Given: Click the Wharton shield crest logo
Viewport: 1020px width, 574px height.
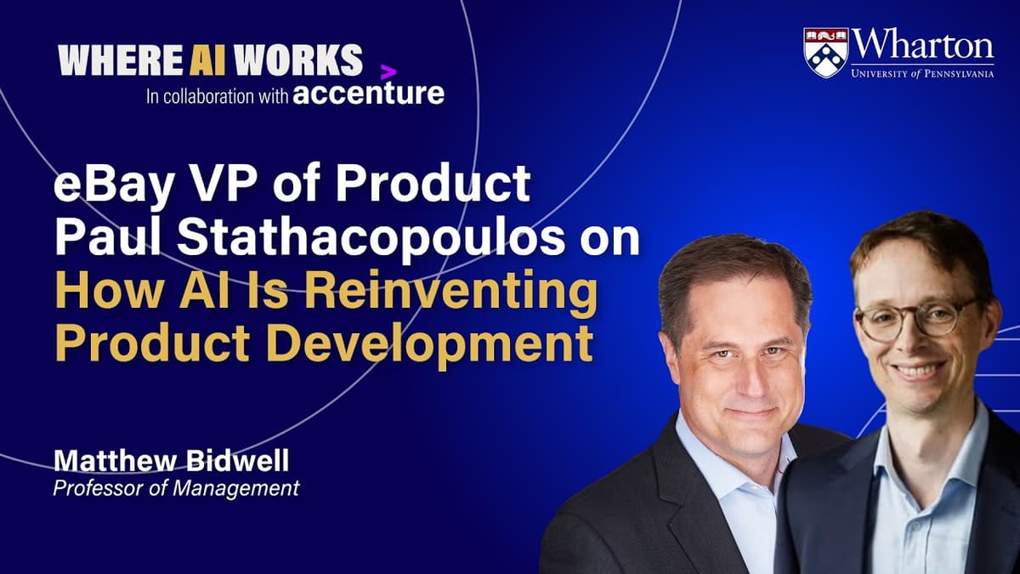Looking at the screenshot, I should click(825, 53).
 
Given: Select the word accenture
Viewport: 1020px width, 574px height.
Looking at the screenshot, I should click(368, 93).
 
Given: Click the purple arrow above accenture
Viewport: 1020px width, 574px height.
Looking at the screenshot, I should click(388, 72).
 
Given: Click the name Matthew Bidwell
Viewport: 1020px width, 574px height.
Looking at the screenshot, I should click(170, 462).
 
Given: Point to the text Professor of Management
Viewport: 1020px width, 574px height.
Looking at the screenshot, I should click(176, 488).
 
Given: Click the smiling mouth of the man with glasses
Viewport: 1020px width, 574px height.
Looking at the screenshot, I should click(917, 371).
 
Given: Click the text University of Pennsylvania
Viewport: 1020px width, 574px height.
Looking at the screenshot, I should click(922, 73).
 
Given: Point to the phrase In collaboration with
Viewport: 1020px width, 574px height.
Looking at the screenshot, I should click(216, 95).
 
